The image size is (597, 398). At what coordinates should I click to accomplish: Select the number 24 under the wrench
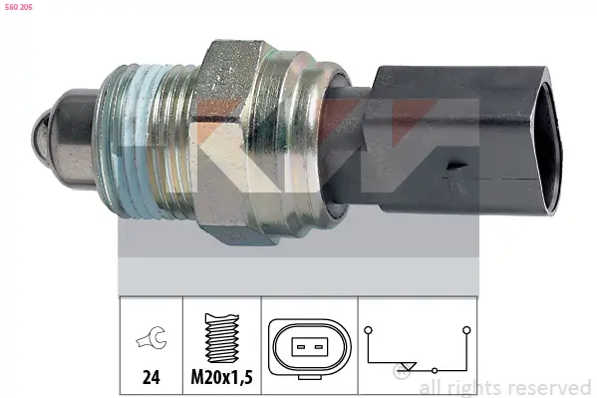coord(149,378)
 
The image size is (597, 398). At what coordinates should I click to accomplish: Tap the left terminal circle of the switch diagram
coord(370,326)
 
